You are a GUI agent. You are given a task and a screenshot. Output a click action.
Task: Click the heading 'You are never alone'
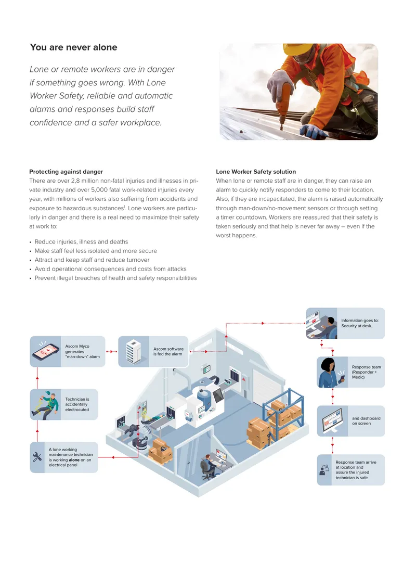point(73,47)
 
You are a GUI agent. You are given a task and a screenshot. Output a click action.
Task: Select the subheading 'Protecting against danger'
point(66,172)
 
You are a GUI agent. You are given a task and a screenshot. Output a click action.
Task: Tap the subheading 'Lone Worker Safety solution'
point(256,172)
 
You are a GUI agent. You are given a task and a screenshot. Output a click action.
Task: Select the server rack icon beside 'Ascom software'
point(134,352)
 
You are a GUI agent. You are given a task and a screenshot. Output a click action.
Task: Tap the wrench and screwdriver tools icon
point(37,457)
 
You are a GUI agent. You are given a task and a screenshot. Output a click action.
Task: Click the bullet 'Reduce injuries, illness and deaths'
point(81,242)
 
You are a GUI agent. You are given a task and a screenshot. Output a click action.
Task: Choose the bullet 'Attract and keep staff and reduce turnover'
point(92,260)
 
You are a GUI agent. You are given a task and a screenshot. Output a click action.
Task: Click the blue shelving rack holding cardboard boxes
point(283,413)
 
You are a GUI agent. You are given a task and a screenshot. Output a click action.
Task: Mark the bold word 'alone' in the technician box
point(74,460)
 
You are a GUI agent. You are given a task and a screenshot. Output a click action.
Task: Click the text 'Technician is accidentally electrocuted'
point(77,404)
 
